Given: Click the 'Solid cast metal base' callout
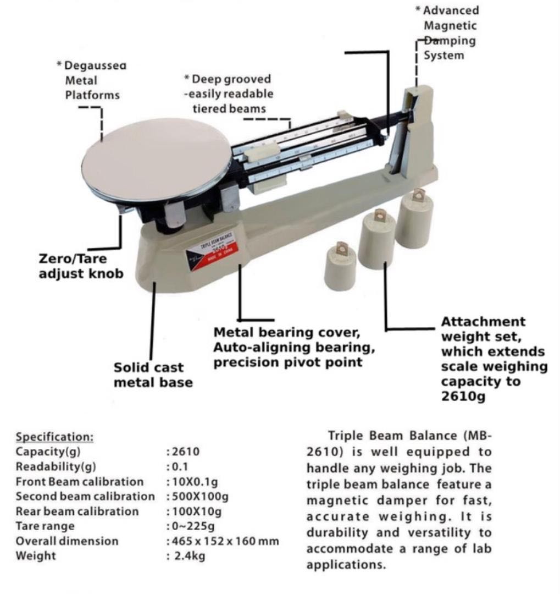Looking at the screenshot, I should [x=153, y=375].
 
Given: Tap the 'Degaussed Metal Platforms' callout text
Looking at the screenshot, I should [x=92, y=80].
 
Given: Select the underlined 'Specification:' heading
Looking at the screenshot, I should [x=55, y=437].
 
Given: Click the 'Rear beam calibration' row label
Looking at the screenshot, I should [x=77, y=512].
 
